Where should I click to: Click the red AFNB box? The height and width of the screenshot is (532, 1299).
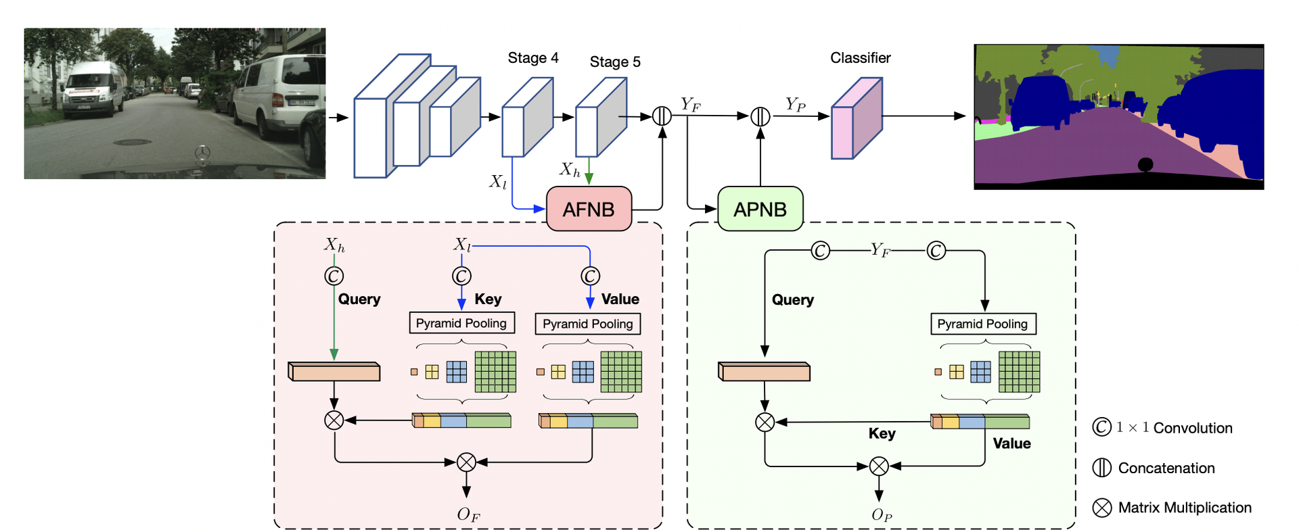589,210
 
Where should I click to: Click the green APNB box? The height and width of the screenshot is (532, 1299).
760,210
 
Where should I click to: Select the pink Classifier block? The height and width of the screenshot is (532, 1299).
857,118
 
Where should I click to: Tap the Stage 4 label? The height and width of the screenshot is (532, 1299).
533,58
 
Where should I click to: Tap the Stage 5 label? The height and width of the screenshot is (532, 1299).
614,62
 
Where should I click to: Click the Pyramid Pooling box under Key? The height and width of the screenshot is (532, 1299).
461,323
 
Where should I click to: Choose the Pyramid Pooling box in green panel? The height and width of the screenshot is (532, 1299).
982,324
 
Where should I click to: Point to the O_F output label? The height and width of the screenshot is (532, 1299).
468,515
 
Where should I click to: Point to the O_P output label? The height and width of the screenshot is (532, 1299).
882,515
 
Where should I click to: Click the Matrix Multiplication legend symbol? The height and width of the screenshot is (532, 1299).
1102,508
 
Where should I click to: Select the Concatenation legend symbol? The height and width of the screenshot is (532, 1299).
1102,468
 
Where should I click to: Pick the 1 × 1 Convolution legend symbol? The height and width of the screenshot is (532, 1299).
1102,427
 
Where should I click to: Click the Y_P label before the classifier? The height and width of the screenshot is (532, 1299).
796,105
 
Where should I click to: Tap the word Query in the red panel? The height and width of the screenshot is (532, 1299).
359,299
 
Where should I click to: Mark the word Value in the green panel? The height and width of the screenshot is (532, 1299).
1011,444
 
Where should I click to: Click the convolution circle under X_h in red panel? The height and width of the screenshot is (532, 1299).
334,276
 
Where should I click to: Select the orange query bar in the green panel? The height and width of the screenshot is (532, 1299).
764,372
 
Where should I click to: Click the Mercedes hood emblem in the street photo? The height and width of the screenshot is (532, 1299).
202,153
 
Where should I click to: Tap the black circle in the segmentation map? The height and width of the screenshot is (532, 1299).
1145,164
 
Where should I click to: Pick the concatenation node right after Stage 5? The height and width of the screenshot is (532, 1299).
662,116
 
